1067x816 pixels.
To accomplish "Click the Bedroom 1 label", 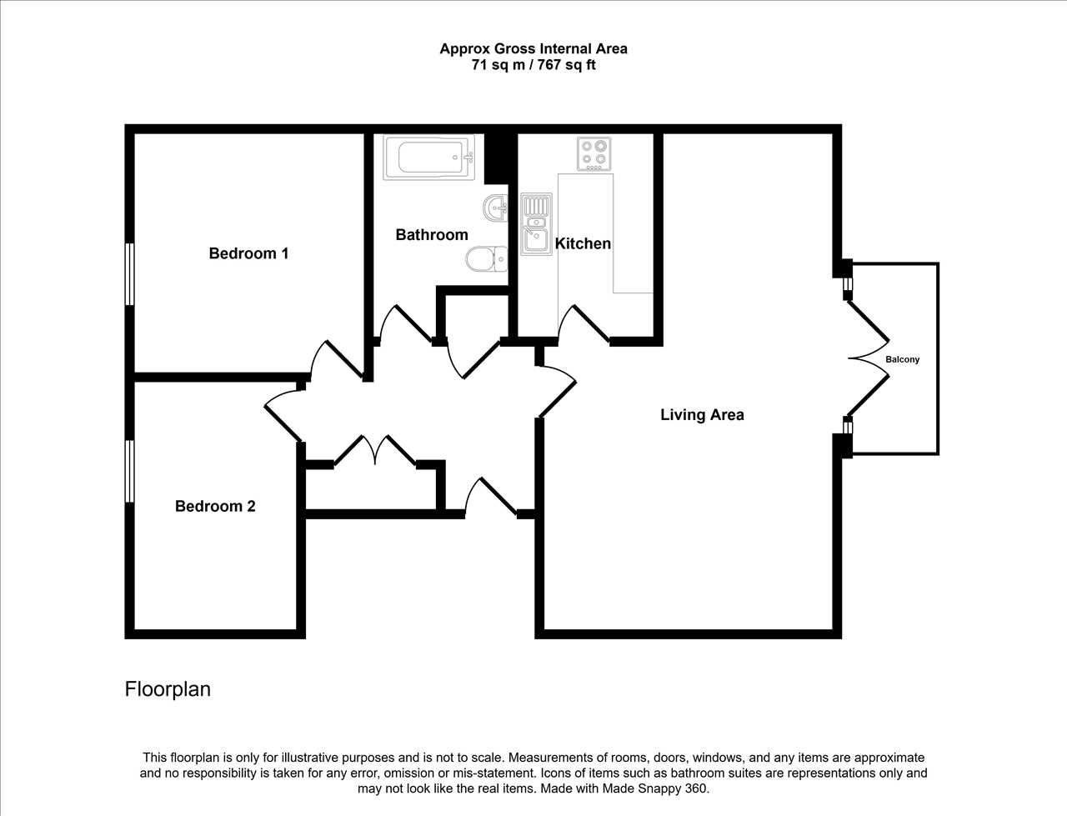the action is pyautogui.click(x=248, y=253).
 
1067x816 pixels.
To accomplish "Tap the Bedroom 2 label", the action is pyautogui.click(x=215, y=507).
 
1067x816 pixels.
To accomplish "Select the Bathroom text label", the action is pyautogui.click(x=432, y=235).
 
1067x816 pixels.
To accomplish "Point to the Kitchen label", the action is pyautogui.click(x=583, y=243).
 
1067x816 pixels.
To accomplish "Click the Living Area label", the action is pyautogui.click(x=702, y=414).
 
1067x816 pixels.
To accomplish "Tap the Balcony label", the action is pyautogui.click(x=902, y=359).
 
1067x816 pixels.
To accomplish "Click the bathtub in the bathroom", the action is pyautogui.click(x=428, y=157).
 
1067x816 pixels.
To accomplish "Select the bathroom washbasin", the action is pyautogui.click(x=495, y=208).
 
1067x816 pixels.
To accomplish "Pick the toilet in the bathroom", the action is pyautogui.click(x=487, y=259).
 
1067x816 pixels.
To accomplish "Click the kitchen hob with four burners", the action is pyautogui.click(x=594, y=154).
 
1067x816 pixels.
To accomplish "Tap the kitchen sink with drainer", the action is pyautogui.click(x=536, y=224).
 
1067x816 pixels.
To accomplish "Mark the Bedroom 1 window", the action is pyautogui.click(x=129, y=274).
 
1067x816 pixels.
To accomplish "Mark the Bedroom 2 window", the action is pyautogui.click(x=129, y=471).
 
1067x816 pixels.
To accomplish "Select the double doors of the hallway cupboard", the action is pyautogui.click(x=375, y=451).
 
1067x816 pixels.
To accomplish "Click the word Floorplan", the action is pyautogui.click(x=168, y=689).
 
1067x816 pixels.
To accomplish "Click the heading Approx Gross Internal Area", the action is pyautogui.click(x=533, y=48).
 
